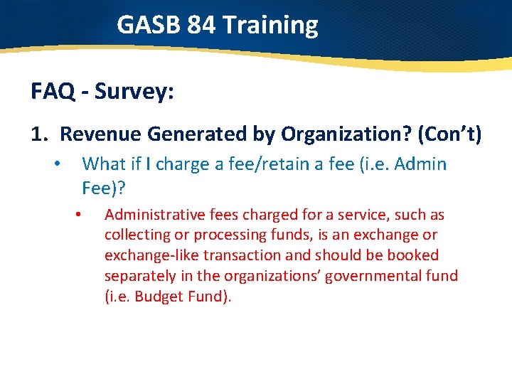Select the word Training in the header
click(270, 26)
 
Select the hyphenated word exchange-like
click(149, 255)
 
